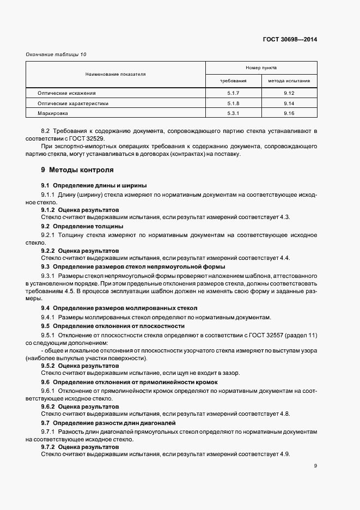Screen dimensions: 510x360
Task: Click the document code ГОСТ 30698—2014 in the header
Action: click(290, 40)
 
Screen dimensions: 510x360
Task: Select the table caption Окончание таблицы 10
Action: click(56, 54)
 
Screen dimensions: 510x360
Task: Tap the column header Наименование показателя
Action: click(115, 74)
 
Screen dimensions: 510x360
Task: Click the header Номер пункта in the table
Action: click(261, 68)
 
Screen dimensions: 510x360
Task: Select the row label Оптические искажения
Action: click(66, 93)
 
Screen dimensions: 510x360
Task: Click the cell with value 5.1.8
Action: click(233, 103)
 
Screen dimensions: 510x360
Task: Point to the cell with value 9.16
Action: click(289, 113)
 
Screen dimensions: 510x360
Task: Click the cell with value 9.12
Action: click(289, 93)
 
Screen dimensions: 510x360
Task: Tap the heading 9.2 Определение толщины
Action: click(82, 226)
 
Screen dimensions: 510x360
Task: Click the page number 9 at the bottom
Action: click(315, 466)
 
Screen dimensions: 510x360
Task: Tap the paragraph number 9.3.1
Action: click(48, 276)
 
